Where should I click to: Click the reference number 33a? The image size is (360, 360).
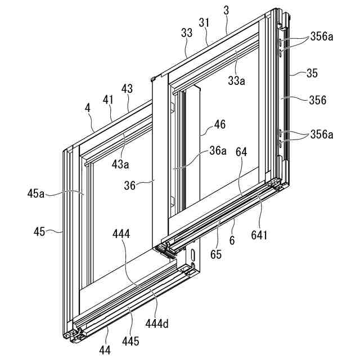coord(237,81)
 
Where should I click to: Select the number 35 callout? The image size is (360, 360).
coord(313,73)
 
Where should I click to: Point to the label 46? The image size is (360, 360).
coord(220,125)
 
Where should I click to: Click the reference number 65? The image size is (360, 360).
coord(216,254)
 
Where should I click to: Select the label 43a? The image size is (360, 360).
coord(119,164)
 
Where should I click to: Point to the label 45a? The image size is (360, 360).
coord(36,193)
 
